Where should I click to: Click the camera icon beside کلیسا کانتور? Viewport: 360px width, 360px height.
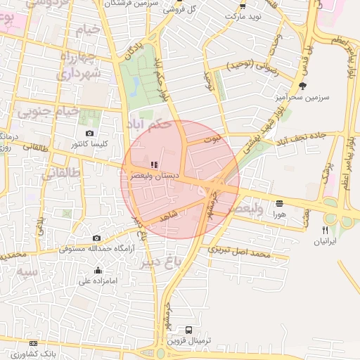[89, 134]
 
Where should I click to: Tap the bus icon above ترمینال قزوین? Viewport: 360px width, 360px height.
[188, 330]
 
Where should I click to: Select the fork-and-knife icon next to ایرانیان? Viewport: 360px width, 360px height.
[325, 230]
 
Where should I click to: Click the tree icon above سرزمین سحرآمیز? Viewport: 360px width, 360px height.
[302, 86]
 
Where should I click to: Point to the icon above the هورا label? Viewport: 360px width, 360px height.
[280, 202]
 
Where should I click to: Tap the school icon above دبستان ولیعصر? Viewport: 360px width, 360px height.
[155, 165]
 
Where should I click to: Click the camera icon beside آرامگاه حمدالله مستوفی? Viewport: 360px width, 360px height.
[96, 238]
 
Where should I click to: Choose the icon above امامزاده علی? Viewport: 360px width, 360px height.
[98, 271]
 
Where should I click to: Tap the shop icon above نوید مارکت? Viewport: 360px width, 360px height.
[243, 5]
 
